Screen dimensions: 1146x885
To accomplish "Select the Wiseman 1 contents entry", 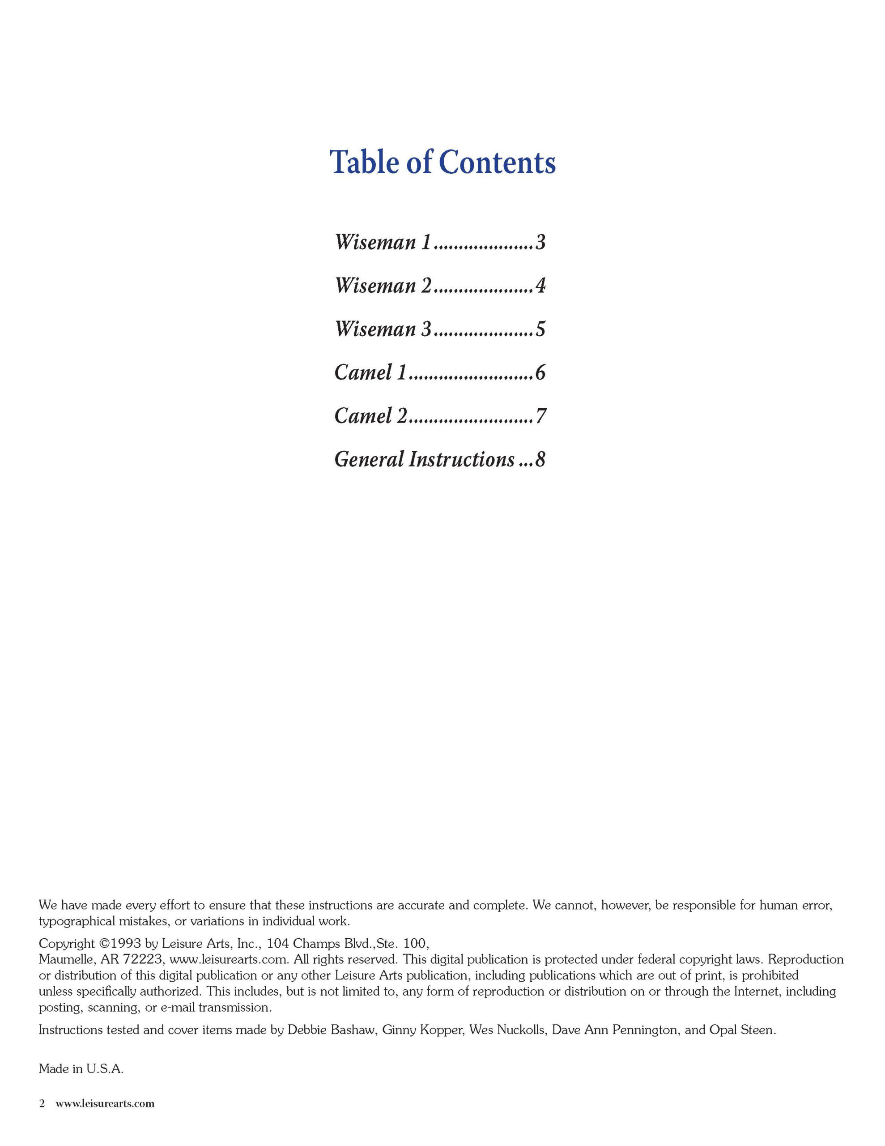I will [x=383, y=243].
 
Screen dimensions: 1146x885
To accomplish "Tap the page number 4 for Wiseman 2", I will [x=540, y=286].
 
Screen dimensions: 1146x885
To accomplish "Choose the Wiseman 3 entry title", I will [x=383, y=329].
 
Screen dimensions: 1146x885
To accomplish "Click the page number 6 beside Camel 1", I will [x=540, y=372].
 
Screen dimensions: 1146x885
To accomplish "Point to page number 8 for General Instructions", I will [x=540, y=460].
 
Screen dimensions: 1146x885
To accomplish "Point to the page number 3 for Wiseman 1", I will [x=540, y=243].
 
